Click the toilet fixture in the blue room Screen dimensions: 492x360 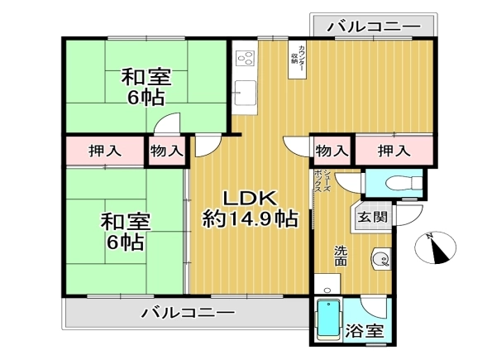coord(404,183)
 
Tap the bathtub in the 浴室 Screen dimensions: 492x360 coord(328,319)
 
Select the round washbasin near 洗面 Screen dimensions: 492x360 coord(381,259)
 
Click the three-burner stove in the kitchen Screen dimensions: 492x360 coord(245,58)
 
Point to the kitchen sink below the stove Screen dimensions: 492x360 coord(245,93)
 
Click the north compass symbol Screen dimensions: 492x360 coord(435,247)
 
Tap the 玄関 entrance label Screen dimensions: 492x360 coord(372,217)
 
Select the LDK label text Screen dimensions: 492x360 coord(250,198)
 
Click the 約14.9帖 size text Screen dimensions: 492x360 coord(250,219)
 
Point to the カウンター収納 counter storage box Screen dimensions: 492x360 coord(297,60)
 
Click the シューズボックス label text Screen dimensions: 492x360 coord(322,181)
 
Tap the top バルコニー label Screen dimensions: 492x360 coord(374,26)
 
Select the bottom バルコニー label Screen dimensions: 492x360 coord(188,313)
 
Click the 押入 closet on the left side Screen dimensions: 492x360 coord(105,151)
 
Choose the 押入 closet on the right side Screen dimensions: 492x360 coord(394,151)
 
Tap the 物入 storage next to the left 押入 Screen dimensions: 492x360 coord(166,151)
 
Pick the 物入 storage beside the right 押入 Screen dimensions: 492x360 coord(332,151)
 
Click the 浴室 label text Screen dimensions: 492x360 coord(365,331)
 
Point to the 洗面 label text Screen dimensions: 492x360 coord(341,256)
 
